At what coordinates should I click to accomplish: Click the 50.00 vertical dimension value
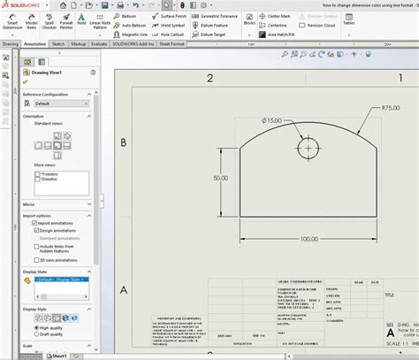pos(219,178)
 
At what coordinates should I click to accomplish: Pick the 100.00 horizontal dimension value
pos(309,239)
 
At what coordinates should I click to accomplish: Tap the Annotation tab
pos(36,42)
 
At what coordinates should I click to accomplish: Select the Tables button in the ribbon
pos(399,21)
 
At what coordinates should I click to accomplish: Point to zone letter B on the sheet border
pos(125,142)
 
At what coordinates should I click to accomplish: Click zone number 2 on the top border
pos(210,78)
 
